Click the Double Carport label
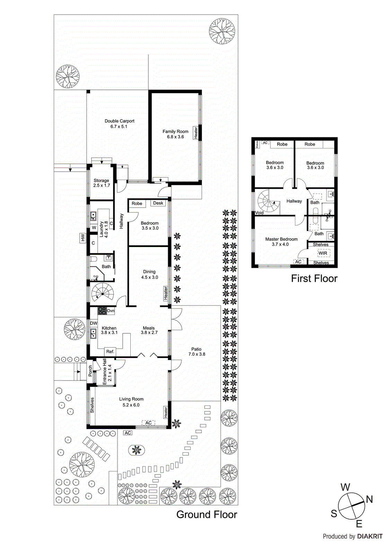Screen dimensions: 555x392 pos(119,121)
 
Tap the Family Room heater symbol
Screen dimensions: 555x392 pos(196,133)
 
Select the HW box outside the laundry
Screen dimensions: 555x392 pos(83,238)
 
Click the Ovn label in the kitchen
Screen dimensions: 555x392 pos(111,311)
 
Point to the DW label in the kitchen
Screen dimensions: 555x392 pos(94,323)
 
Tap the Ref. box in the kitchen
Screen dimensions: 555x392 pos(110,351)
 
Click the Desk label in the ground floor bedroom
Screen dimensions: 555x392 pos(158,203)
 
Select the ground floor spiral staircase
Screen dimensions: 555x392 pos(103,292)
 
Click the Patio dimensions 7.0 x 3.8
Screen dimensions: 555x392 pos(197,354)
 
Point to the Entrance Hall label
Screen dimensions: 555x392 pos(105,372)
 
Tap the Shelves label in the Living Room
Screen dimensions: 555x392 pos(92,405)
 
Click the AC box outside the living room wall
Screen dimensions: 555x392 pos(128,433)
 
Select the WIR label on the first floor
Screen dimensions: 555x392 pos(323,253)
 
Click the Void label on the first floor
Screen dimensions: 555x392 pos(259,213)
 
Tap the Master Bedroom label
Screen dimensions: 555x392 pos(281,239)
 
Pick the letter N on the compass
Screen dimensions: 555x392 pos(369,499)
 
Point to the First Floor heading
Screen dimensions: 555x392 pos(314,279)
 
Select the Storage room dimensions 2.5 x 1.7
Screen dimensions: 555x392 pos(102,185)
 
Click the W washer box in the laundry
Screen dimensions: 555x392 pos(94,228)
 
